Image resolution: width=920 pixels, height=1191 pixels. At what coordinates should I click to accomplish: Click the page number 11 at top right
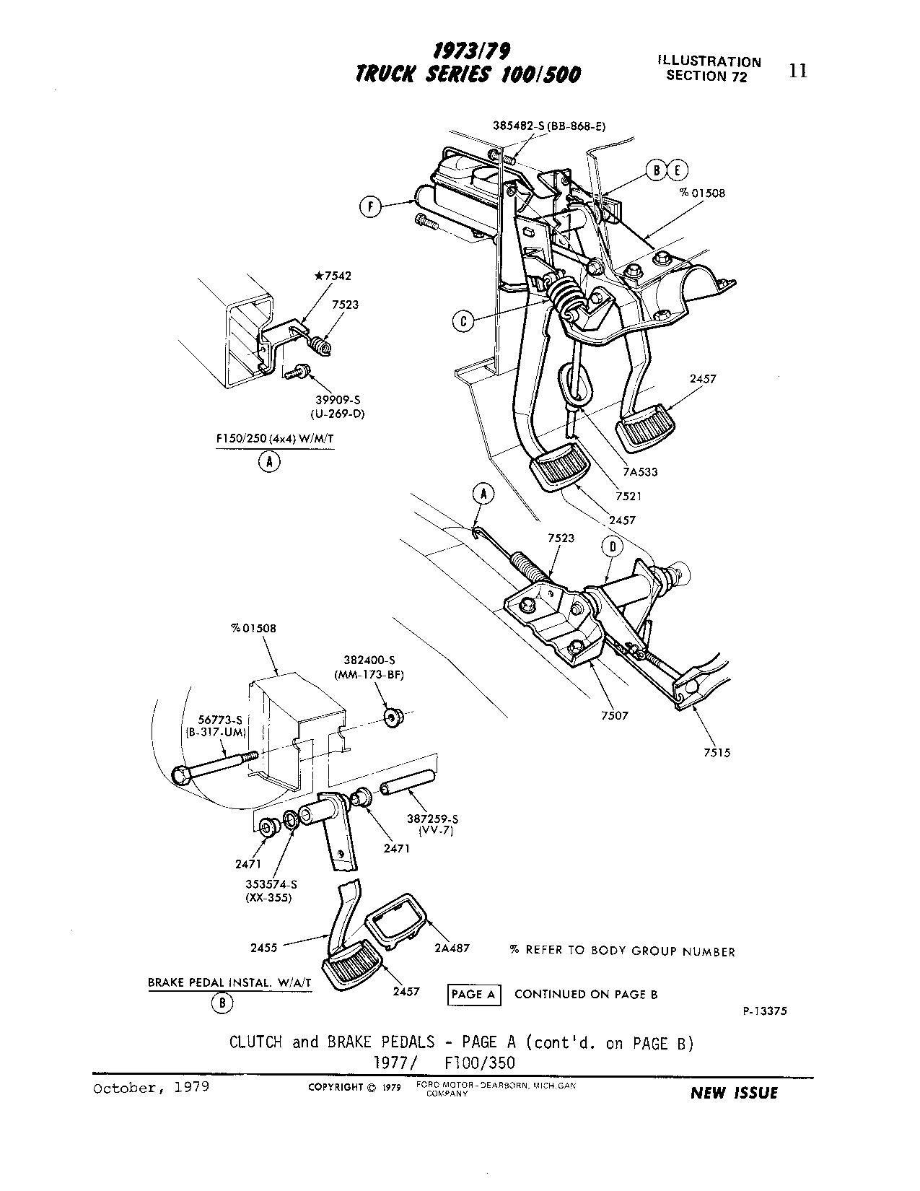[x=798, y=71]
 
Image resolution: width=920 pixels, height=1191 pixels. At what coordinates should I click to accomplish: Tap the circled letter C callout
[x=464, y=320]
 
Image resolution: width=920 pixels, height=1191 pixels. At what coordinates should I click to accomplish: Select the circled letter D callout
[x=612, y=546]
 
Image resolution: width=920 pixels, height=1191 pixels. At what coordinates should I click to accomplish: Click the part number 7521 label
[x=628, y=497]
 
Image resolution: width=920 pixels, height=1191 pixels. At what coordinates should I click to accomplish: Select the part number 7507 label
[x=613, y=715]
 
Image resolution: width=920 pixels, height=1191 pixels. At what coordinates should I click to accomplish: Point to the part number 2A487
[x=452, y=947]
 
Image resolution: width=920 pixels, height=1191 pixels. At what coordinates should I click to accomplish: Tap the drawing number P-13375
[x=765, y=1011]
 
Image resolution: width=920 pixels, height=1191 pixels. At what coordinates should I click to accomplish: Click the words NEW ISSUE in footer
[x=735, y=1093]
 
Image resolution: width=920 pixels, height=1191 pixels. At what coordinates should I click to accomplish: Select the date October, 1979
[x=152, y=1087]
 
